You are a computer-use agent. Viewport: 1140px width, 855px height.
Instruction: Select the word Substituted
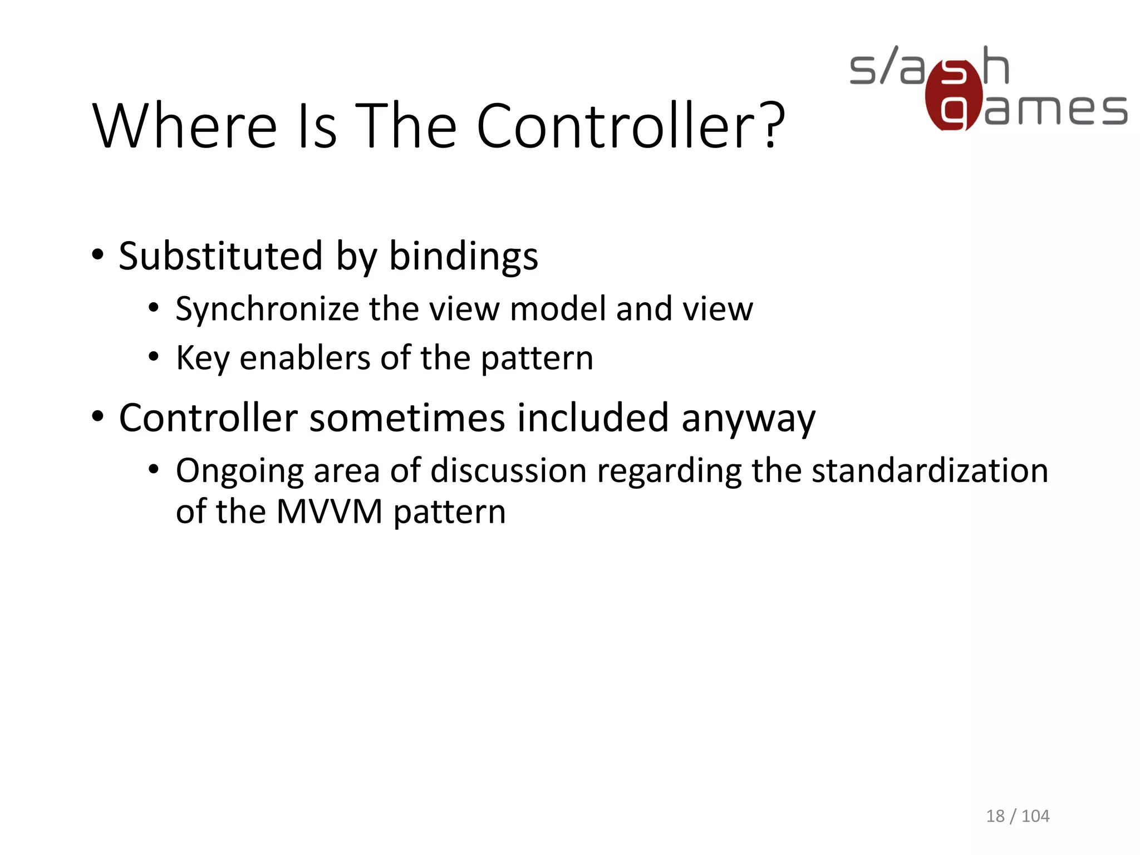(x=220, y=256)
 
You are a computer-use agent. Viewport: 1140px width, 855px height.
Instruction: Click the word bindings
(x=463, y=257)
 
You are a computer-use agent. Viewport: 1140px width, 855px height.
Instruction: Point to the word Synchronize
(x=267, y=309)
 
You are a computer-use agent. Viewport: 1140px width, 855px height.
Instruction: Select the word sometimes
(x=406, y=417)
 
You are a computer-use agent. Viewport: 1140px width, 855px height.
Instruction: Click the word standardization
(x=930, y=470)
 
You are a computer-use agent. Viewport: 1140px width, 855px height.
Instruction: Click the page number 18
(x=995, y=816)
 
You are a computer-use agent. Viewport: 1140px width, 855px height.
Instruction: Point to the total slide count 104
(x=1035, y=816)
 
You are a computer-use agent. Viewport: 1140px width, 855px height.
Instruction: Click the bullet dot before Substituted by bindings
(x=98, y=255)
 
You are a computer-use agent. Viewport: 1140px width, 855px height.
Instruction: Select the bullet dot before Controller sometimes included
(x=98, y=416)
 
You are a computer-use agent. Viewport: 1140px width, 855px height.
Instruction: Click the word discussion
(x=509, y=471)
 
